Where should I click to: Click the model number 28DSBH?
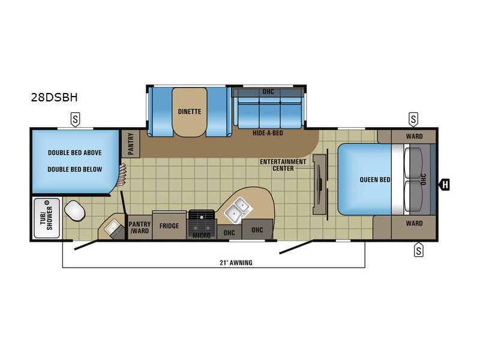[x=54, y=97]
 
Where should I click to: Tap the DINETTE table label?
[x=190, y=112]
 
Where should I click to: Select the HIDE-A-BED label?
[x=268, y=133]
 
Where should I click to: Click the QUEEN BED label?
[x=375, y=179]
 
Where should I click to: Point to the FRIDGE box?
[x=169, y=226]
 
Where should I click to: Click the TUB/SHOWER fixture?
[x=47, y=218]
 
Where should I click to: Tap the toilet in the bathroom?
[x=74, y=211]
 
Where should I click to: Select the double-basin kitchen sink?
[x=238, y=209]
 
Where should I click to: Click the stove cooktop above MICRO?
[x=202, y=221]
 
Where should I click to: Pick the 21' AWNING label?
[x=236, y=263]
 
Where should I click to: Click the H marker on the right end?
[x=445, y=185]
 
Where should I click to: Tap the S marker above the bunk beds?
[x=76, y=119]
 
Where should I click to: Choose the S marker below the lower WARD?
[x=418, y=250]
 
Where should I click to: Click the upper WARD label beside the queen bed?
[x=414, y=136]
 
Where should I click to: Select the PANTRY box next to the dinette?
[x=131, y=144]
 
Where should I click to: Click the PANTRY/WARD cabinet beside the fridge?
[x=140, y=227]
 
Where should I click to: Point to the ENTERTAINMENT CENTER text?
[x=283, y=165]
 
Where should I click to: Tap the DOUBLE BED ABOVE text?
[x=74, y=153]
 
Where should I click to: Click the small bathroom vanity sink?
[x=112, y=227]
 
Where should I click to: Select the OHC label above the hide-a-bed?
[x=268, y=92]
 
